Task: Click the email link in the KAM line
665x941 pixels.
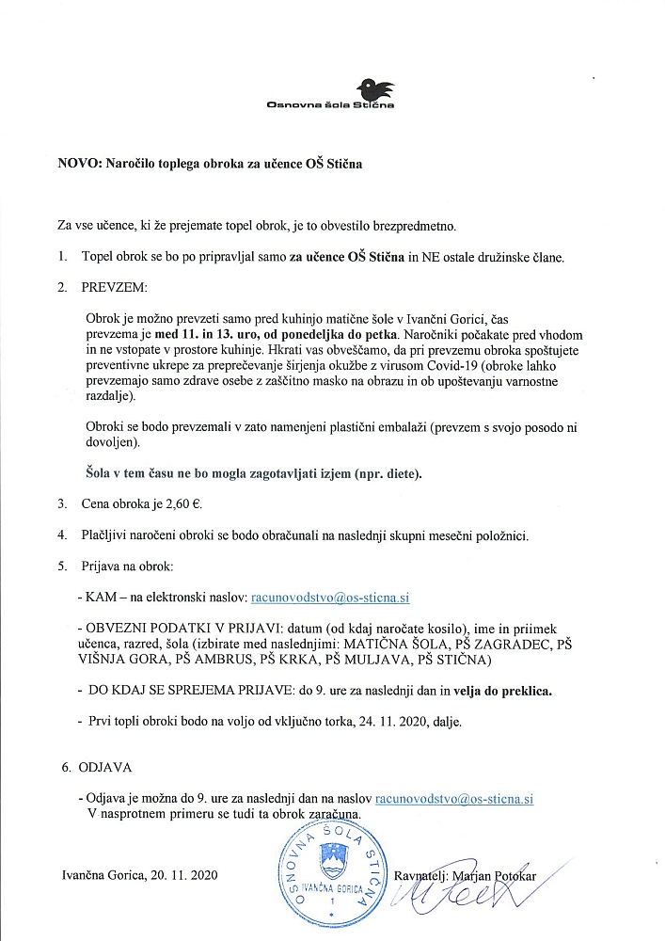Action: [x=329, y=597]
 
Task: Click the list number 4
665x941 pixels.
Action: [x=61, y=535]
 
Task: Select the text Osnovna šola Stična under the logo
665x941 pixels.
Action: [x=331, y=105]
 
